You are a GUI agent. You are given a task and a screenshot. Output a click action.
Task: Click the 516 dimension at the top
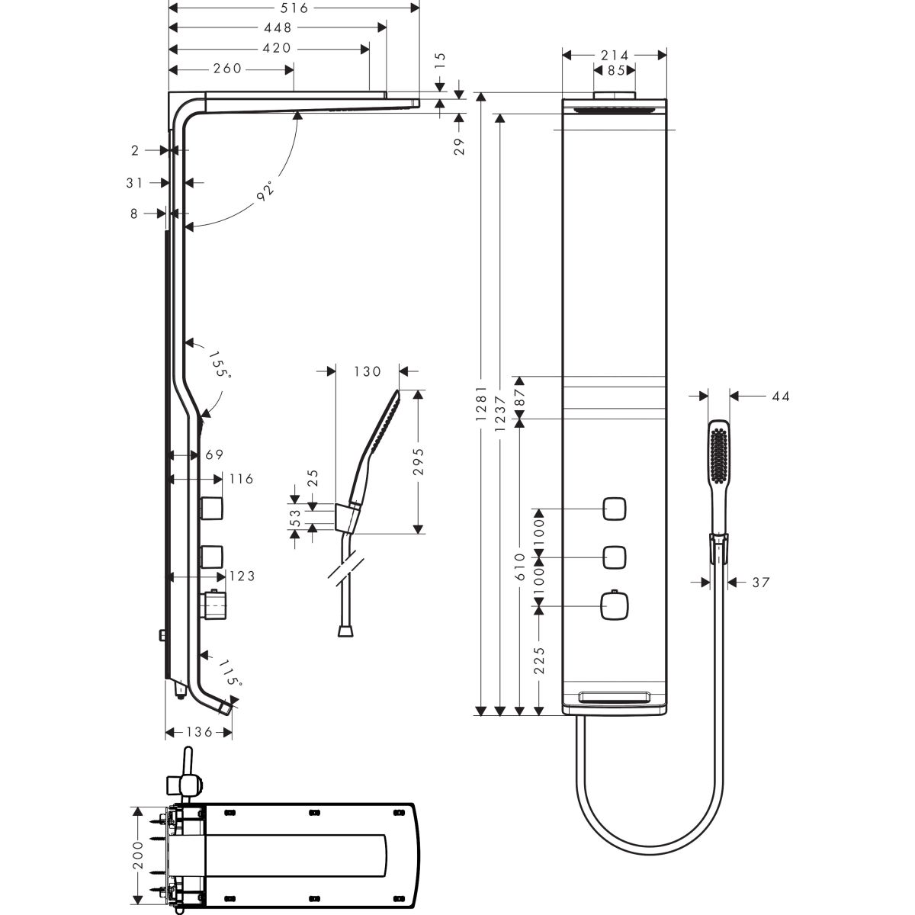coord(293,8)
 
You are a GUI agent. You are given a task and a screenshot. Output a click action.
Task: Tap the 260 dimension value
coord(227,69)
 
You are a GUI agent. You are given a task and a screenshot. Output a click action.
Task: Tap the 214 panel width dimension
coord(614,55)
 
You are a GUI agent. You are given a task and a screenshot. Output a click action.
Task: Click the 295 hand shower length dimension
coord(417,461)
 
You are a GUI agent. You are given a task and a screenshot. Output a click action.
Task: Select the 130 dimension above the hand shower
coord(367,371)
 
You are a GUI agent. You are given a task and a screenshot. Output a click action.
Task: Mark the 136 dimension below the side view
coord(198,732)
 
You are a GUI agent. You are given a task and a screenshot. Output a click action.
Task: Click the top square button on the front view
coord(615,509)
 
